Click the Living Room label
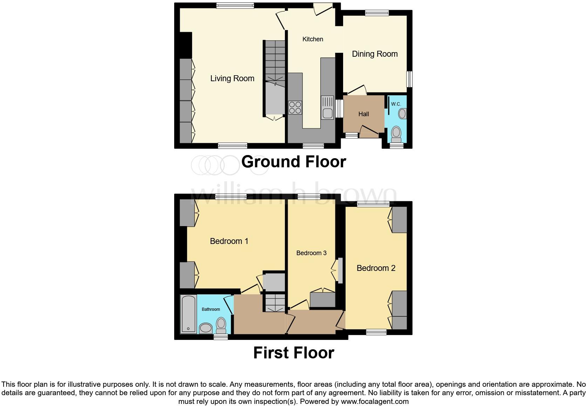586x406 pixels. (x=232, y=78)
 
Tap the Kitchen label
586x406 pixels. (x=313, y=39)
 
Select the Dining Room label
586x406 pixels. (x=375, y=54)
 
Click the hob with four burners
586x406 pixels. (x=295, y=107)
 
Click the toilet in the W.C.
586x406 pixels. (x=396, y=133)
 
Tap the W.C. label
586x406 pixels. (x=396, y=104)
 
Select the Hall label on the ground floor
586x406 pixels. (x=363, y=114)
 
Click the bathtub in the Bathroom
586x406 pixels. (x=189, y=314)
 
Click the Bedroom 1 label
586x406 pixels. (x=229, y=241)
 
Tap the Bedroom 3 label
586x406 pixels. (x=311, y=253)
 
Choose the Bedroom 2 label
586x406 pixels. (x=376, y=268)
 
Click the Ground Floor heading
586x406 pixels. (x=294, y=162)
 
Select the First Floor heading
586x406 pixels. (x=294, y=353)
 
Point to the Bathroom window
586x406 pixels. (x=221, y=336)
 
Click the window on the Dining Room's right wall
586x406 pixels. (x=409, y=79)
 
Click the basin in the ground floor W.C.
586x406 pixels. (x=403, y=113)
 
